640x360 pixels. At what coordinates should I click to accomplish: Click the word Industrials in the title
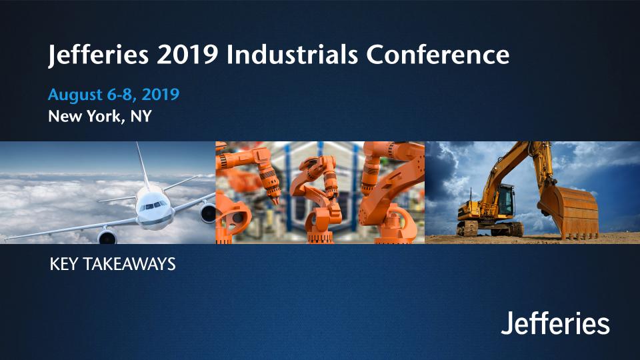[292, 54]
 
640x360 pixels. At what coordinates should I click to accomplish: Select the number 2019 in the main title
[187, 54]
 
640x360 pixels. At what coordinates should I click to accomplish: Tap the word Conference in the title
[437, 54]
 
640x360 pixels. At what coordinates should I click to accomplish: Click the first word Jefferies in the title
[98, 55]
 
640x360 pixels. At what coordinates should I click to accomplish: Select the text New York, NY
[100, 116]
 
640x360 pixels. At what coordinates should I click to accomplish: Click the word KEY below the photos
[63, 264]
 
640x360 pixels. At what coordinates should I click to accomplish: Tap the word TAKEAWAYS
[129, 264]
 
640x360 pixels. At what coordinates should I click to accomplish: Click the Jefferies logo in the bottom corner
[555, 323]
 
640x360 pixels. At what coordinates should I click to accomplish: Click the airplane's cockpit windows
[153, 205]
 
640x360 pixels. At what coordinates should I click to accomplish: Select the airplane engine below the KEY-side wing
[107, 237]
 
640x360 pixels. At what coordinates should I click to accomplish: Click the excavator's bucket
[569, 211]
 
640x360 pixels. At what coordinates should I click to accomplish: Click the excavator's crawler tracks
[490, 229]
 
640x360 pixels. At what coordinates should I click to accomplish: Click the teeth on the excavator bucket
[579, 236]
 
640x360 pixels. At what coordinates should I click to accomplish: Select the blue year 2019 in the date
[161, 94]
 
